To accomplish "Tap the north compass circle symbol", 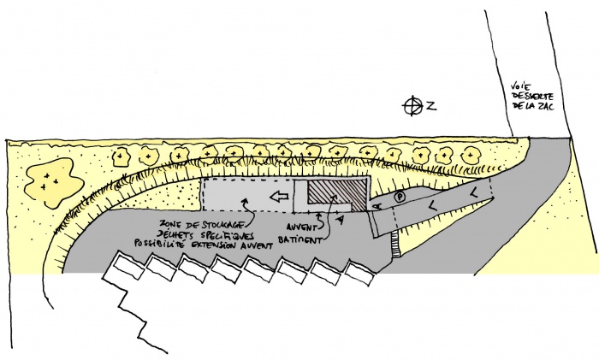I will (x=414, y=106).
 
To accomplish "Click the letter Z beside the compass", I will (x=432, y=106).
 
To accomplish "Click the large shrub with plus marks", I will (x=50, y=179).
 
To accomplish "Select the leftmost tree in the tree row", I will (x=123, y=157).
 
